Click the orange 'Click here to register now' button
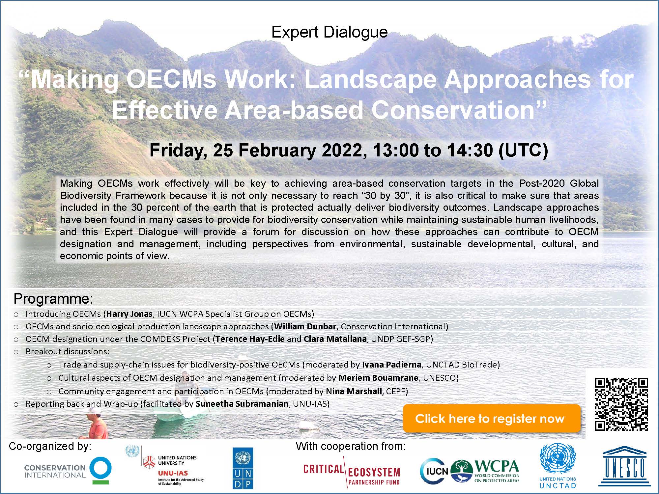pos(491,418)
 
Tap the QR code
pos(621,404)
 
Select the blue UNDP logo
pos(243,468)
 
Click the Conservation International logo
pos(68,471)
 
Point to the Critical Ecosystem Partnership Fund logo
pos(352,472)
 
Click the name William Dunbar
pos(305,326)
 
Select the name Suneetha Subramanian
pos(242,404)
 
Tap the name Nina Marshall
pos(354,391)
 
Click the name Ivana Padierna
pos(392,365)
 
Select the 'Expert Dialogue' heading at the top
pos(329,32)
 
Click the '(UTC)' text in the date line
pos(523,151)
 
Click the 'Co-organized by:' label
pos(50,446)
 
